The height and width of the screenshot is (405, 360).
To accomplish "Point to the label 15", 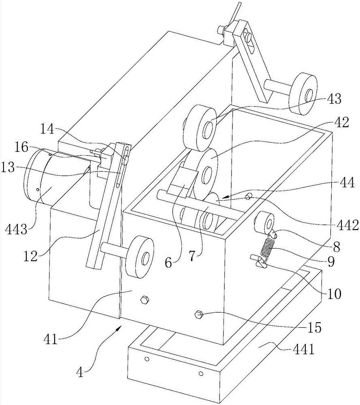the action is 314,328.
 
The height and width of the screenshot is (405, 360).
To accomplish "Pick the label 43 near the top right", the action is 334,99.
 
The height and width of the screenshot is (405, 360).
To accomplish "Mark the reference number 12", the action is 30,256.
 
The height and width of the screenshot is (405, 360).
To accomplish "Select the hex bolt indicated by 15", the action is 198,314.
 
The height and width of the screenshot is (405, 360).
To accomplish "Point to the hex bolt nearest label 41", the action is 144,300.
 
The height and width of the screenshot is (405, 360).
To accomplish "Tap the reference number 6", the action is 168,263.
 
